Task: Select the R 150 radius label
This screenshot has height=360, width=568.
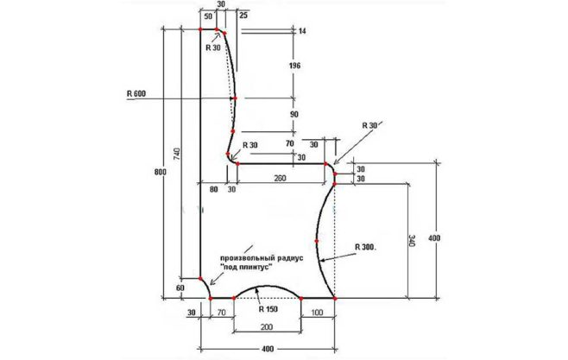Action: [268, 306]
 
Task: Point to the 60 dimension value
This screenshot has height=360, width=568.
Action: [180, 287]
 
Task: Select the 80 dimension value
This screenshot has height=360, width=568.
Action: [213, 187]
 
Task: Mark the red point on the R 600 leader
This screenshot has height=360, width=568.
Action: [234, 98]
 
